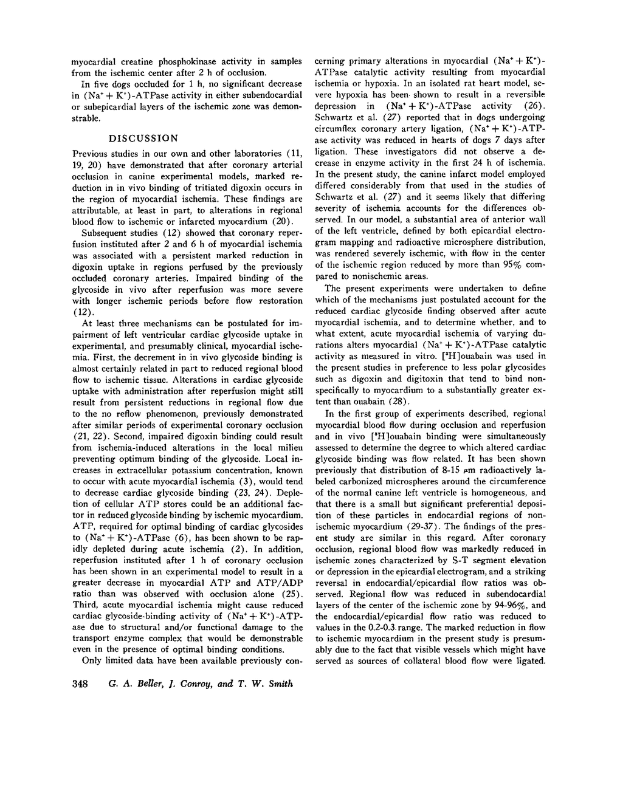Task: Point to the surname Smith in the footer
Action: [280, 684]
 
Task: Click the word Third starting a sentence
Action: [85, 606]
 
